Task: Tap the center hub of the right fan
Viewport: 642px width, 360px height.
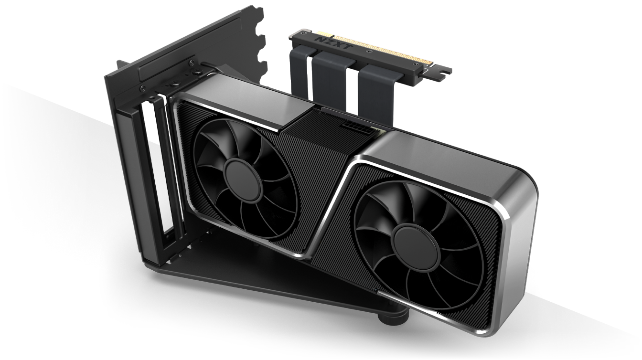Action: point(417,247)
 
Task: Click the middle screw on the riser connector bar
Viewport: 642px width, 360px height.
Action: point(368,51)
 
